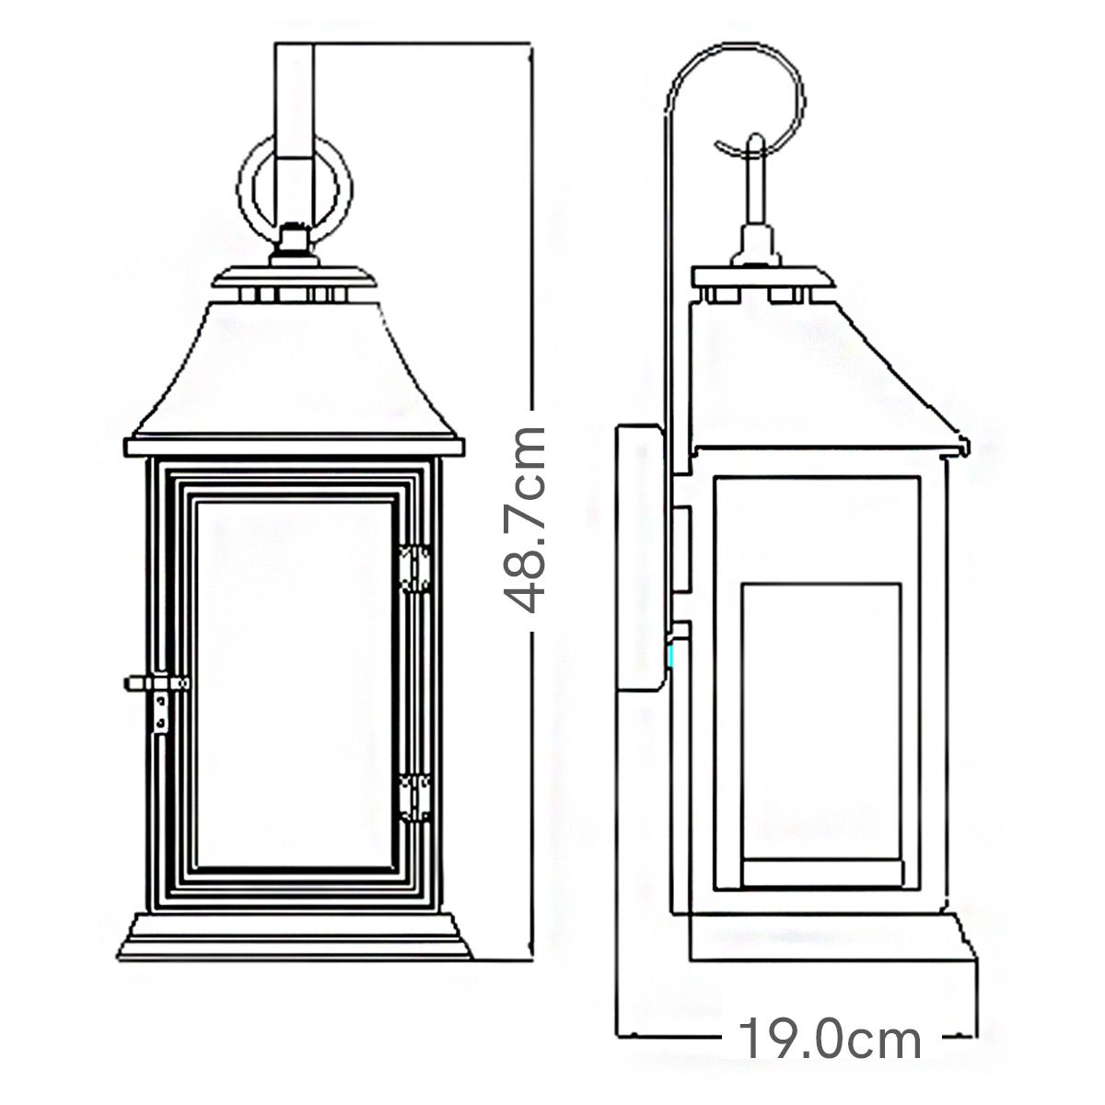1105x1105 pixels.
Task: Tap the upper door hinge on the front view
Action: click(x=417, y=568)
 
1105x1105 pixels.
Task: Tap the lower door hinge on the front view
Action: click(x=417, y=797)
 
